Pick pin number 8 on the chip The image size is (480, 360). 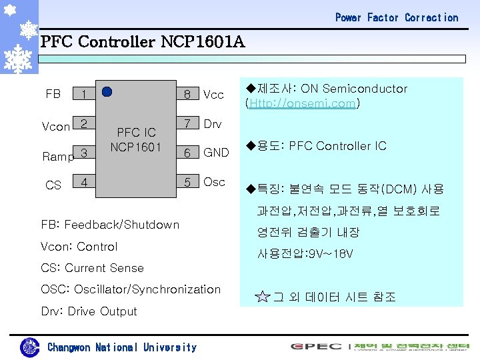coord(187,95)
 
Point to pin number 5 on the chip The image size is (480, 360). coord(187,182)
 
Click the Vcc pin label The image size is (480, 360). coord(213,95)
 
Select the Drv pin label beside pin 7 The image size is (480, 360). coord(213,124)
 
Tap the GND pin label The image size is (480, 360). coord(216,153)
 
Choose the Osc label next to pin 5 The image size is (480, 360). coord(214,182)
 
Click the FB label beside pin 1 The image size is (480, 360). coord(53,94)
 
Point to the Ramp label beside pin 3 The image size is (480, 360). coord(57,157)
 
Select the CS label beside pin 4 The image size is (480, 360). coord(53,185)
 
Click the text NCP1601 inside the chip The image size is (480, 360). coord(136,146)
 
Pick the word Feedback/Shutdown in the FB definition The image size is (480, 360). coord(122,225)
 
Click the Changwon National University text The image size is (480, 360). coord(122,347)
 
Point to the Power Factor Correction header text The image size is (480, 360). coord(397,17)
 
